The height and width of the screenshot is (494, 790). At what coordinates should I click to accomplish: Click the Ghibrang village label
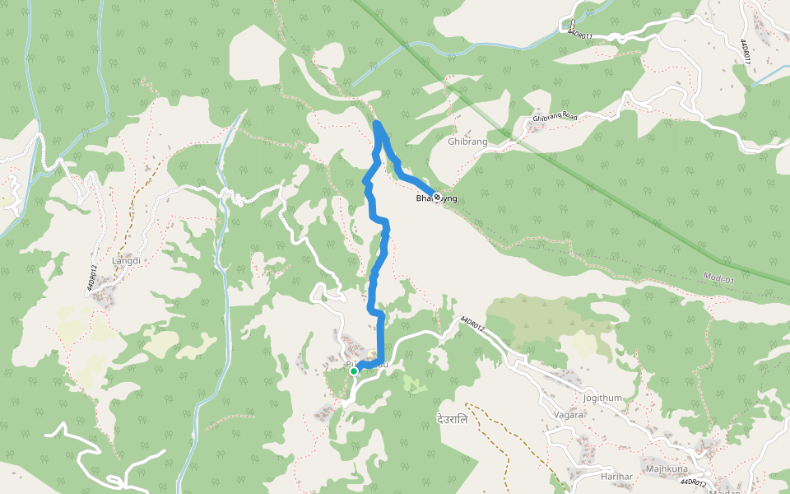(467, 142)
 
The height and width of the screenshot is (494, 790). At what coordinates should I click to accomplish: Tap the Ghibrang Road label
(555, 118)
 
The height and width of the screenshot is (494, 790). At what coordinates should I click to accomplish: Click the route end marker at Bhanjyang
(436, 196)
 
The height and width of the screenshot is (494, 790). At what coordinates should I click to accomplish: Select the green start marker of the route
(354, 371)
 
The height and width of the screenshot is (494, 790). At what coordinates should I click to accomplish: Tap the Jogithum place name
(602, 398)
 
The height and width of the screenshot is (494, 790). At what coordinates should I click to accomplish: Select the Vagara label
(568, 415)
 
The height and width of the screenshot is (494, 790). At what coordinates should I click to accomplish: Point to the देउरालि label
(452, 419)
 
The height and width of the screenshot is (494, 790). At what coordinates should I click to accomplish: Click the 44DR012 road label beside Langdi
(93, 276)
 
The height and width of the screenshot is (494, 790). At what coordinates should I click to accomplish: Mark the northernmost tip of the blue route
(377, 123)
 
